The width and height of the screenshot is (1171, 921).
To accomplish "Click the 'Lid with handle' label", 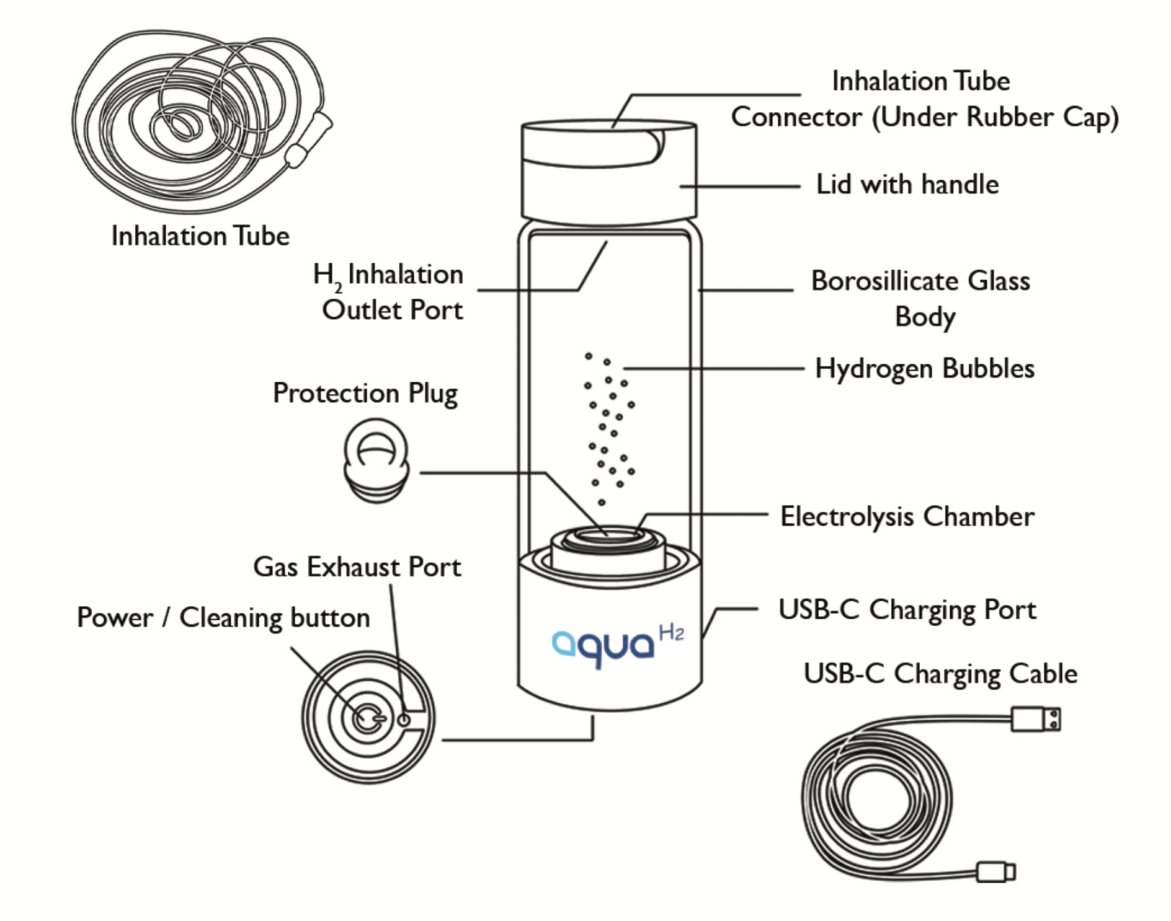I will [907, 185].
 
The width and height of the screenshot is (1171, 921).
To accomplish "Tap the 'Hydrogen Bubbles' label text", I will [924, 369].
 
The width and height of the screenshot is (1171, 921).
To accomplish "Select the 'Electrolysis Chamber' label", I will [907, 516].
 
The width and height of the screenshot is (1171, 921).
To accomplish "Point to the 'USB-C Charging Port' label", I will [907, 610].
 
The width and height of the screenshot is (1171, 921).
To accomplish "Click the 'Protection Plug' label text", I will [365, 394].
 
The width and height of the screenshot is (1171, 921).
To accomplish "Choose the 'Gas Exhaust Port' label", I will [357, 567].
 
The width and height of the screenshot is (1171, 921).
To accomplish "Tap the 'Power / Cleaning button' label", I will [223, 618].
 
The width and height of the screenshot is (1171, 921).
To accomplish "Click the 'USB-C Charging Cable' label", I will [940, 674].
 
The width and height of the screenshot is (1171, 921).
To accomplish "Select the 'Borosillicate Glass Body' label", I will [920, 299].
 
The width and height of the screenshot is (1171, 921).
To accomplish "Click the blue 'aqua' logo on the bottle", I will [603, 646].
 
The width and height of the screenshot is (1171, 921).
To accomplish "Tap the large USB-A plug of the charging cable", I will [1035, 719].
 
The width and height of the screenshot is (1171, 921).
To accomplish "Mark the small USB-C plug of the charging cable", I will [995, 871].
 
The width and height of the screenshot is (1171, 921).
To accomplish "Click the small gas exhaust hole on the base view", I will [404, 720].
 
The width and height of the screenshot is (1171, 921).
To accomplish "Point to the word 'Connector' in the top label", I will [796, 118].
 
